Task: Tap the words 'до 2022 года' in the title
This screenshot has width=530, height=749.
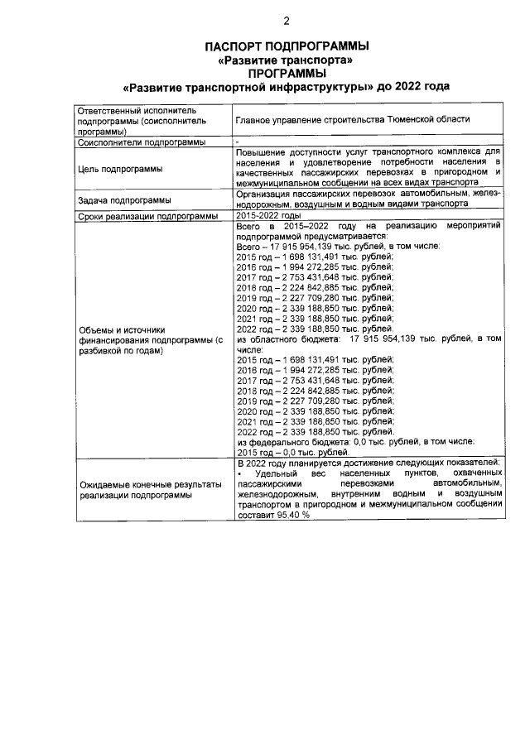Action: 412,86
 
